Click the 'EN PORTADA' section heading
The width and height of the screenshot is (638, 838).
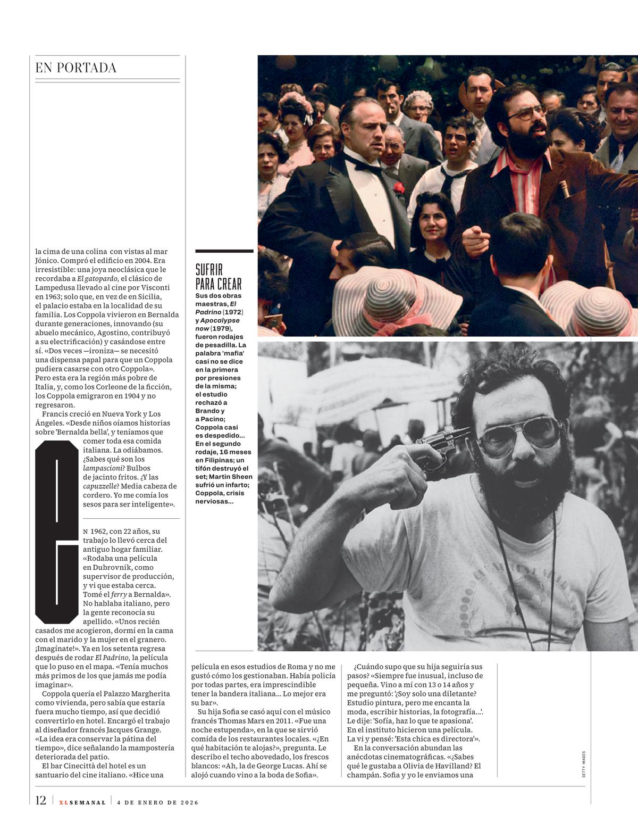75,68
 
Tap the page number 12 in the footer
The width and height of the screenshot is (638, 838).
41,801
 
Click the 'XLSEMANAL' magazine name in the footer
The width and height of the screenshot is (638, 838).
82,802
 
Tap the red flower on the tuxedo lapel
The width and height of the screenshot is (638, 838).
397,187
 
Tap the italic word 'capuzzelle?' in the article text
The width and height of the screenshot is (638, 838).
102,486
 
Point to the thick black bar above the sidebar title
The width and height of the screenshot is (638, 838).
224,251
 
